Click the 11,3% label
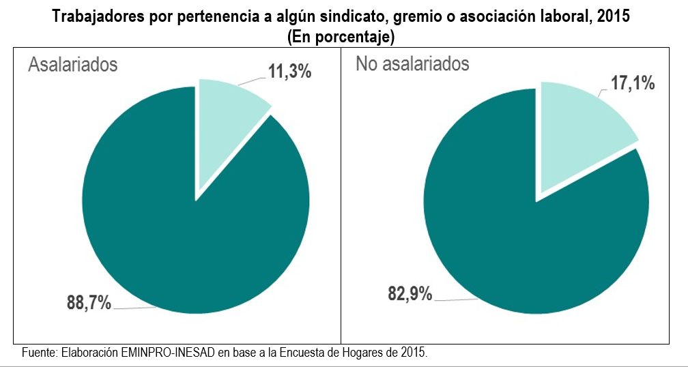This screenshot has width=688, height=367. point(289,71)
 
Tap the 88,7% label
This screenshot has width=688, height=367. point(89,302)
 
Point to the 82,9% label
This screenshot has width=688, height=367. point(410,294)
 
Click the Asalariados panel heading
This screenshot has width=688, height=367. point(72,64)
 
